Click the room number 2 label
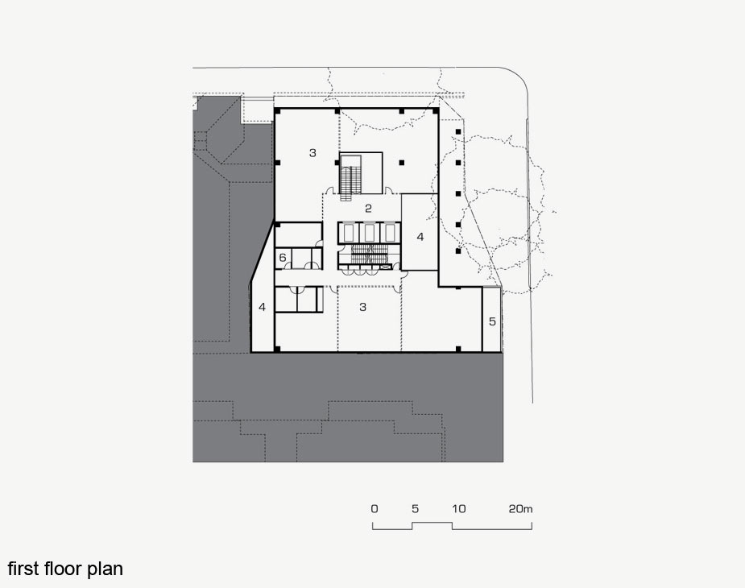pos(368,208)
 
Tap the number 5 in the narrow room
pos(492,321)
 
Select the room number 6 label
pos(283,258)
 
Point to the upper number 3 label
pos(312,152)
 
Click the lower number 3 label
pos(363,307)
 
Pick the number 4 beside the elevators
pos(420,237)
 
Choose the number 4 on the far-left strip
pos(263,307)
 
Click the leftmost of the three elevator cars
pos(346,233)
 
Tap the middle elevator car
pos(368,233)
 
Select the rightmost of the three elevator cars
pos(390,233)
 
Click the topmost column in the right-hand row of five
pos(458,131)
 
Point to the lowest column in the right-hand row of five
pos(458,251)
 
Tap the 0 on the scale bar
pos(375,509)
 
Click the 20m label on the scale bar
pos(521,509)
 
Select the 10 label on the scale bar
pos(458,509)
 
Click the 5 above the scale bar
pos(416,509)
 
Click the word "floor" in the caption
pos(63,569)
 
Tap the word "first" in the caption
pos(23,569)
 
